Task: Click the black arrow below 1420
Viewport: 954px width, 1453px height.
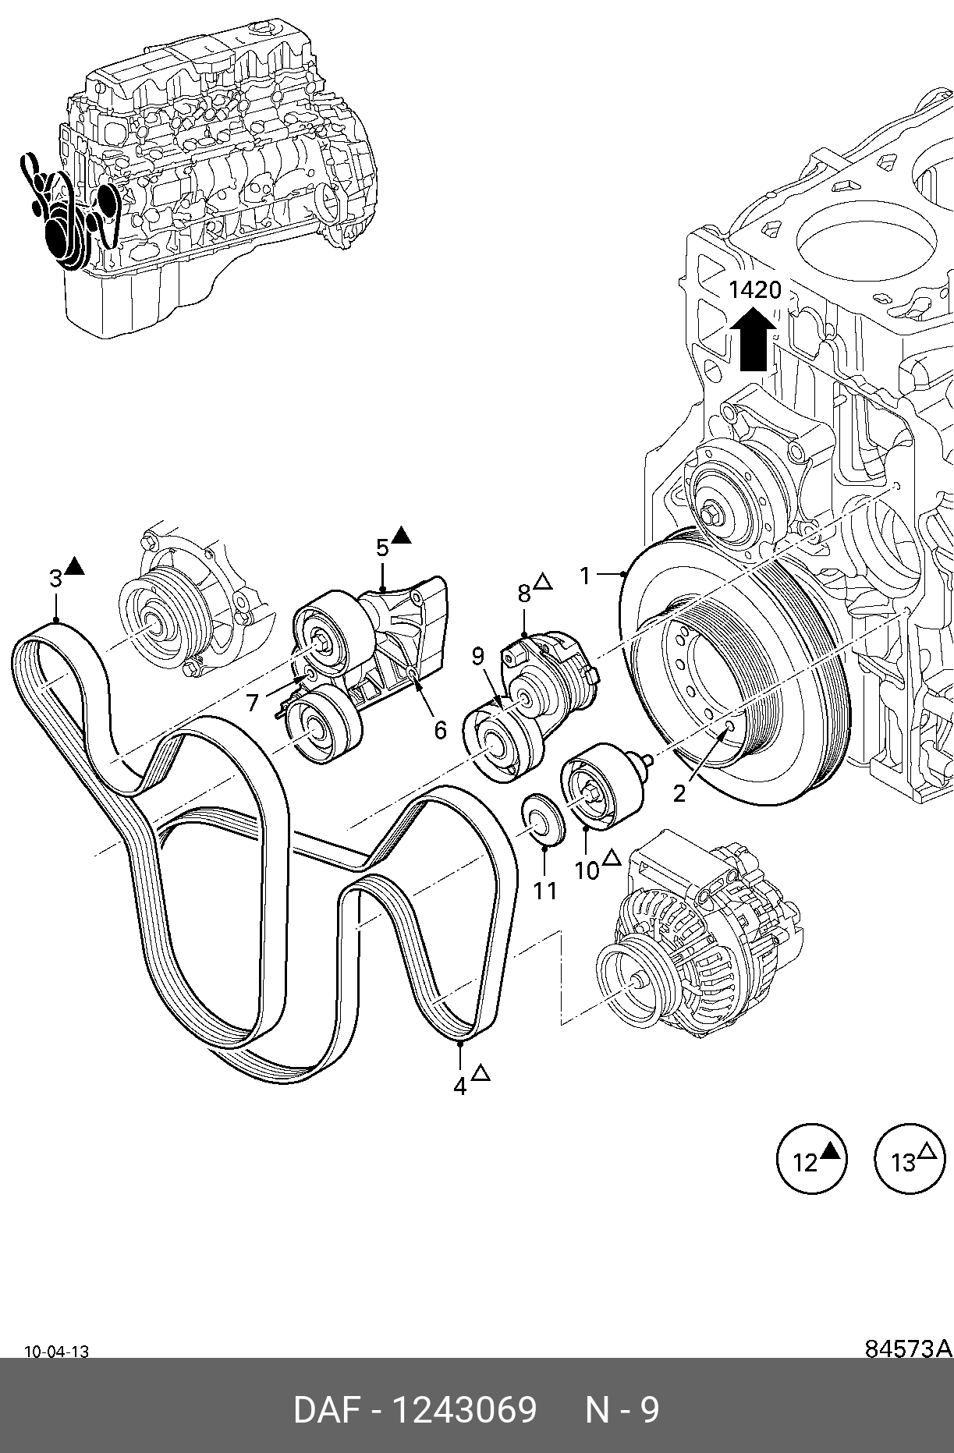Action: [x=753, y=338]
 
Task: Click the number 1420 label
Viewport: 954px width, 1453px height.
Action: [x=754, y=290]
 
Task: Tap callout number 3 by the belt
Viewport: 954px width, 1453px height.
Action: [x=55, y=579]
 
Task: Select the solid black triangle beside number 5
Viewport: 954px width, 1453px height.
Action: [x=401, y=535]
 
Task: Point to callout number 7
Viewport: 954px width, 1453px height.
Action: [x=252, y=703]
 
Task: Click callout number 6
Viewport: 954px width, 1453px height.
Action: [x=440, y=730]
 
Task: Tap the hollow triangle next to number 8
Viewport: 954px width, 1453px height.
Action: [x=543, y=582]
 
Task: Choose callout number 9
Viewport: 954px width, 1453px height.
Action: [x=478, y=657]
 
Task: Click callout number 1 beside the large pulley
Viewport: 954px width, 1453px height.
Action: [x=585, y=576]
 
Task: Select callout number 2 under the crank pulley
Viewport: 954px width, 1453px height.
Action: [x=679, y=793]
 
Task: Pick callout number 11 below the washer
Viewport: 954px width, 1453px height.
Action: [x=544, y=890]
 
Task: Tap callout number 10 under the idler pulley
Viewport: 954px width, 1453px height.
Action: [x=587, y=870]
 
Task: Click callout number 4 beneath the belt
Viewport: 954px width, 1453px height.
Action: [x=460, y=1086]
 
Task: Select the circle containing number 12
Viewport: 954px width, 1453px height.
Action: [x=812, y=1158]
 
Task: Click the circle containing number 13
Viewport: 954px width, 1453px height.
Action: [x=910, y=1158]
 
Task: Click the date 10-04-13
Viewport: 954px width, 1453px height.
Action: [x=57, y=1352]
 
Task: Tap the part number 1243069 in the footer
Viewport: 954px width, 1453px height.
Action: [x=463, y=1410]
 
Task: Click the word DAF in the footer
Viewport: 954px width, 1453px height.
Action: [x=327, y=1410]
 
